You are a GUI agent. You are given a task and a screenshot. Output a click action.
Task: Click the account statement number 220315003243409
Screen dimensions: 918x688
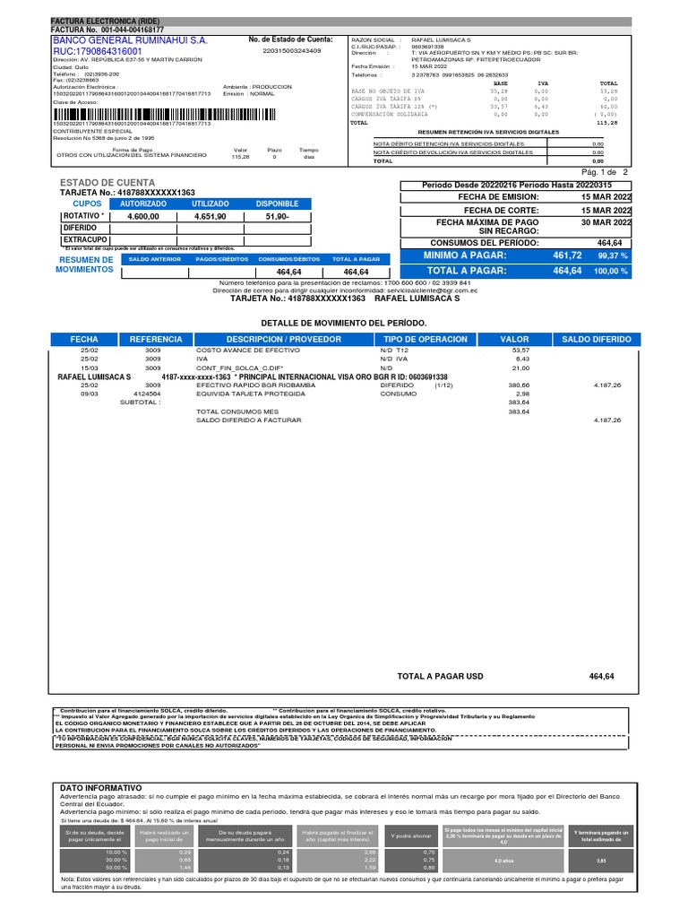[291, 51]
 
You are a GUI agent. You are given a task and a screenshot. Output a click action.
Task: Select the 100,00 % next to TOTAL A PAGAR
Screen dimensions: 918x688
[613, 271]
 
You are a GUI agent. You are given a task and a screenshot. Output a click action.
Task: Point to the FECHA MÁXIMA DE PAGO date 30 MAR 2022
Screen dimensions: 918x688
[606, 221]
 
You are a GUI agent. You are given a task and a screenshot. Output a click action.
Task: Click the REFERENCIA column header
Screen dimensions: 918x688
[156, 339]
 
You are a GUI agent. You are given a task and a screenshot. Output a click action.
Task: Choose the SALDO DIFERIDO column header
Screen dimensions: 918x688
[597, 339]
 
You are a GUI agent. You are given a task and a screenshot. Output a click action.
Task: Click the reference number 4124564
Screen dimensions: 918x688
[147, 393]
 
